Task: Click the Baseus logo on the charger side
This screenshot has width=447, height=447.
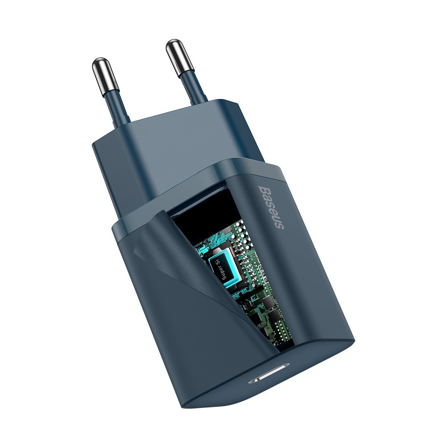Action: coord(271,207)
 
